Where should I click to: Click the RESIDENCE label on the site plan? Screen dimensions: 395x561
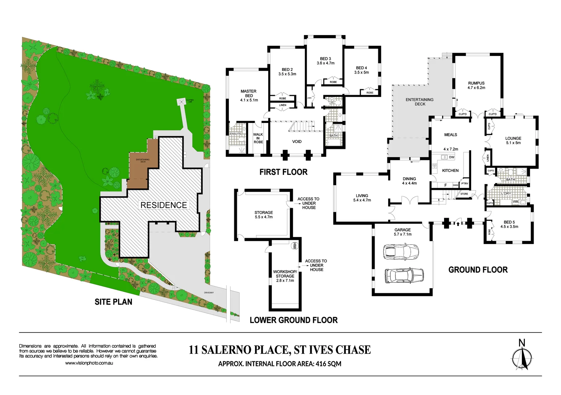(x=164, y=205)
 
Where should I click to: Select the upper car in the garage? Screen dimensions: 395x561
(x=401, y=252)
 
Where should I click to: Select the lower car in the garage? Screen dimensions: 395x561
(x=404, y=275)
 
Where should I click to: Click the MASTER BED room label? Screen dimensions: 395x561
(x=249, y=93)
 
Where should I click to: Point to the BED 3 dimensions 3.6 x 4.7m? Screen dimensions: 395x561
(x=325, y=63)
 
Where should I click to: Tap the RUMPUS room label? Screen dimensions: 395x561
(x=476, y=83)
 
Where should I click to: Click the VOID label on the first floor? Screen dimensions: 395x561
(x=297, y=142)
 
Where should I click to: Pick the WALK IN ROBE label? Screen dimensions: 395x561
(x=258, y=138)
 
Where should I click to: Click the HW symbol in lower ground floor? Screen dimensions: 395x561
(x=294, y=246)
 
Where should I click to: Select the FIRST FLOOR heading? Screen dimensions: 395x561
(x=283, y=172)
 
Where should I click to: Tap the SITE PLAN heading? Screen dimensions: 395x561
(x=113, y=302)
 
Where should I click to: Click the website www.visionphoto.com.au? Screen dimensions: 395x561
(x=89, y=363)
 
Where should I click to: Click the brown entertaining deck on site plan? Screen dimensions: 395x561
(x=143, y=165)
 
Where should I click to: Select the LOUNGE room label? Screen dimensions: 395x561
(x=513, y=138)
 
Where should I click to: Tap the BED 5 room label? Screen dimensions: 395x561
(x=509, y=222)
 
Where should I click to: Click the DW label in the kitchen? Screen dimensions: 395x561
(x=452, y=157)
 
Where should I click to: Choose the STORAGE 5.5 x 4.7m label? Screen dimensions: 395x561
(x=264, y=215)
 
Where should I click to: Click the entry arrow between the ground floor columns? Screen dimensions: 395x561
(x=458, y=222)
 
